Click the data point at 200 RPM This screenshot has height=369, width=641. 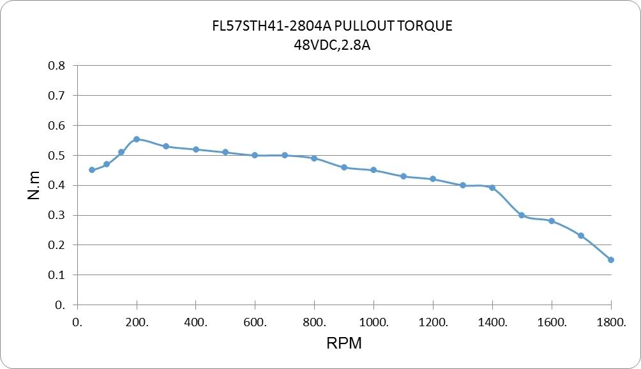point(137,139)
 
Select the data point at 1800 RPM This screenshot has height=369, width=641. point(611,260)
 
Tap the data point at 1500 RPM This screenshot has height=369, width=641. point(522,215)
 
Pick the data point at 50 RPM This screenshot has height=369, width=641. point(92,170)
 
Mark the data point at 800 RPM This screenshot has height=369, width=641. point(314,158)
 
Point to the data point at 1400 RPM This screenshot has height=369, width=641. point(492,188)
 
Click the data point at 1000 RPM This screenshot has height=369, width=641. point(373,170)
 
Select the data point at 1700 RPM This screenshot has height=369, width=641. point(581,236)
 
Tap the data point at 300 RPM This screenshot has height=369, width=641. point(166,146)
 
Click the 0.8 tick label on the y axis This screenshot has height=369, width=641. point(57,66)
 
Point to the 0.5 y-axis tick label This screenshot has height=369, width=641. point(57,156)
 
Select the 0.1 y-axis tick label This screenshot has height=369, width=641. point(57,275)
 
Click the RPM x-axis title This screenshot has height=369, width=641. point(344,343)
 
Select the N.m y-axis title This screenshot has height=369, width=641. point(34,185)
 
